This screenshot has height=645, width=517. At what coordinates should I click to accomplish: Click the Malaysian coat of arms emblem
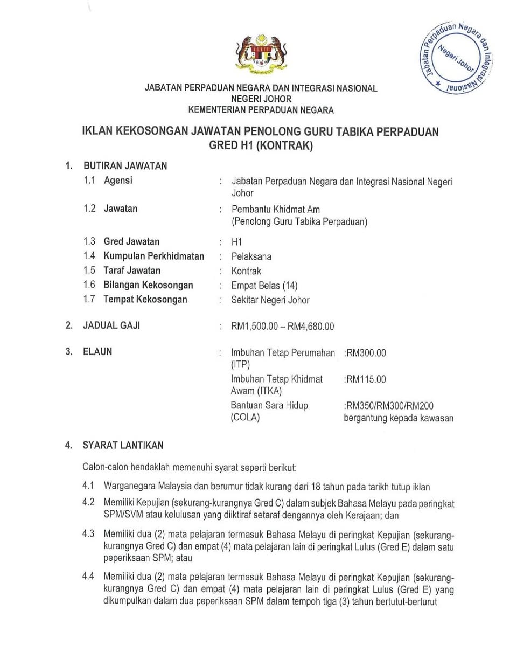(x=261, y=53)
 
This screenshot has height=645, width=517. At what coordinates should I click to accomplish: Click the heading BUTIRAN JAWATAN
(x=124, y=166)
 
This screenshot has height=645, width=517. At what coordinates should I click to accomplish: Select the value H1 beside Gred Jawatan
(x=237, y=242)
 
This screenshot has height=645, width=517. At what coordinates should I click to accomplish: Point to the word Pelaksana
(x=251, y=256)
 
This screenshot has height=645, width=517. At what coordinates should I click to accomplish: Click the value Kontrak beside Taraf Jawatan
(x=246, y=271)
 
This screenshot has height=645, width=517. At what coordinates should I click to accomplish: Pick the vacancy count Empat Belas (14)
(x=264, y=286)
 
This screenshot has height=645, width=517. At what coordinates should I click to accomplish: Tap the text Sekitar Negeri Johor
(x=270, y=300)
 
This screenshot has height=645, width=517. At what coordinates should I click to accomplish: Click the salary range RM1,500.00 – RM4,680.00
(x=282, y=326)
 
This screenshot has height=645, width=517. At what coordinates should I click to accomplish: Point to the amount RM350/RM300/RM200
(x=389, y=406)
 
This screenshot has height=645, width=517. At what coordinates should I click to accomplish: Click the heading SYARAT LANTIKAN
(x=123, y=445)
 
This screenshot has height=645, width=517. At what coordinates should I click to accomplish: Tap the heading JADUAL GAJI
(x=111, y=325)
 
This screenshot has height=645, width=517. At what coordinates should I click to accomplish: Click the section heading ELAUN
(x=97, y=352)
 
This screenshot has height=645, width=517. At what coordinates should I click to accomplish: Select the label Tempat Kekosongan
(x=145, y=300)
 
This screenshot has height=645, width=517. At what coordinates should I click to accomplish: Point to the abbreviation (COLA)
(x=245, y=418)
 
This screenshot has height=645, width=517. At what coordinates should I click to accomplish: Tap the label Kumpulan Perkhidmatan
(x=153, y=256)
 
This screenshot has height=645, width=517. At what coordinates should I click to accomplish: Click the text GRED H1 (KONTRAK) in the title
(x=261, y=145)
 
